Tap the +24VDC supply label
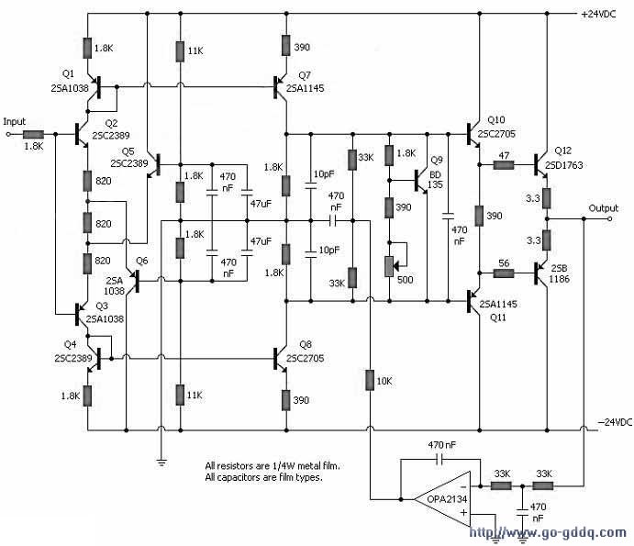point(598,14)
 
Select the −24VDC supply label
point(615,422)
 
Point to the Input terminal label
point(14,121)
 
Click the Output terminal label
point(604,208)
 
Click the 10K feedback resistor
point(370,380)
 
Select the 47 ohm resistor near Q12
point(504,164)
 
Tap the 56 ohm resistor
point(504,273)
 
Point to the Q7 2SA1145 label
point(306,82)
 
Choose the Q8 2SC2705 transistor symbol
point(280,359)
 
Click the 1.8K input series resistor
point(34,134)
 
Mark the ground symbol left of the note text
point(161,462)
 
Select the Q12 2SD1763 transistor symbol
point(540,164)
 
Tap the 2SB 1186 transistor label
point(560,273)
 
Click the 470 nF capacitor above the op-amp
point(440,459)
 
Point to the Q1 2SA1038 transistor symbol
point(95,86)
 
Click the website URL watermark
point(548,532)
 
